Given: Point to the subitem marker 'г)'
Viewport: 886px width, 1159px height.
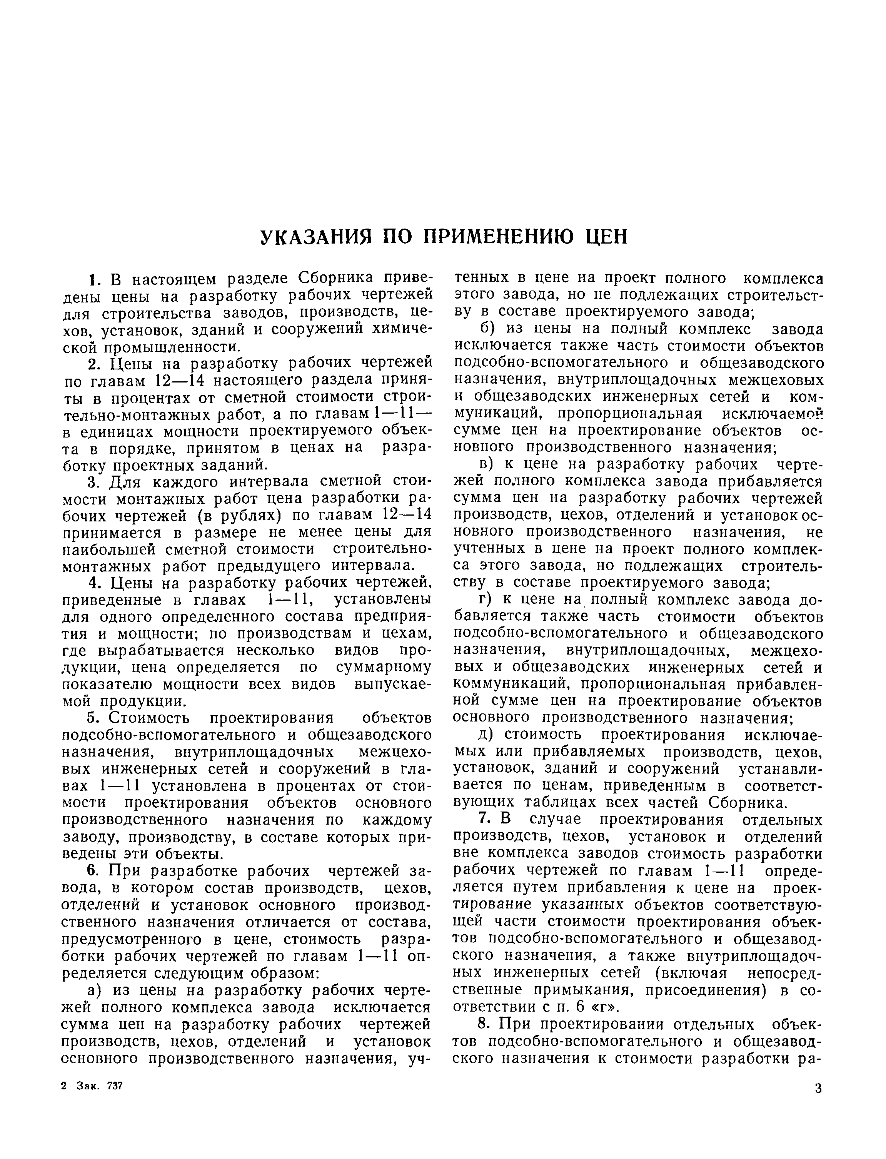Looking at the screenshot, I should pos(485,600).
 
